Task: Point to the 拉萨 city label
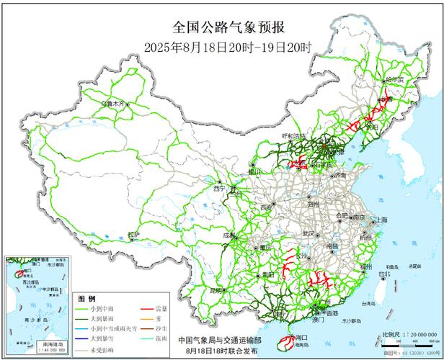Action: [133, 235]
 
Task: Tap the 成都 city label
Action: [229, 235]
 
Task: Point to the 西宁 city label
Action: [219, 188]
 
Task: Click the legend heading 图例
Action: [86, 298]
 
